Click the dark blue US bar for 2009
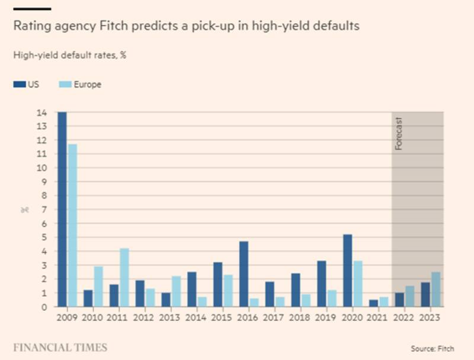pyautogui.click(x=62, y=209)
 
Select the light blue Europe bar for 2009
pyautogui.click(x=72, y=225)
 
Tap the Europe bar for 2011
pyautogui.click(x=124, y=278)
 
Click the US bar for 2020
pyautogui.click(x=348, y=270)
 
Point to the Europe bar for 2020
pyautogui.click(x=358, y=283)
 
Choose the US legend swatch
pyautogui.click(x=18, y=85)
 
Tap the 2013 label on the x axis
pyautogui.click(x=171, y=317)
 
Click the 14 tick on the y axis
pyautogui.click(x=42, y=112)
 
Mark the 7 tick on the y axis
pyautogui.click(x=44, y=209)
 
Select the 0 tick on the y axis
pyautogui.click(x=44, y=307)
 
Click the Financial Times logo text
pyautogui.click(x=60, y=347)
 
